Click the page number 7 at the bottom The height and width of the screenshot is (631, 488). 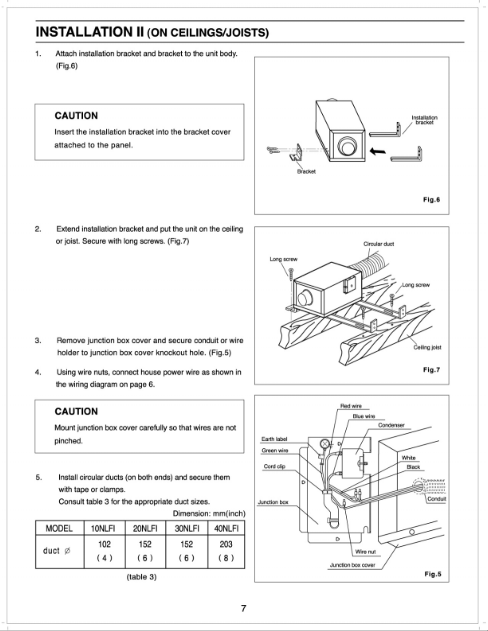click(243, 608)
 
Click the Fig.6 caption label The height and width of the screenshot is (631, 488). click(431, 199)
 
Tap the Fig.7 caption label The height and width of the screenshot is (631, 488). click(431, 370)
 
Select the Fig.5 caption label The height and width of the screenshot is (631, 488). click(433, 574)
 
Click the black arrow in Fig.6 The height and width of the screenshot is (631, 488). click(378, 151)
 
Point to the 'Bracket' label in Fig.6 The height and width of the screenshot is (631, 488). click(306, 171)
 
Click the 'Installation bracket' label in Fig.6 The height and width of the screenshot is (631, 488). click(424, 120)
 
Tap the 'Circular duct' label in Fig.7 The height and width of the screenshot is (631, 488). click(379, 244)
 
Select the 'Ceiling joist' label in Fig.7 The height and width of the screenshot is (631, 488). click(427, 347)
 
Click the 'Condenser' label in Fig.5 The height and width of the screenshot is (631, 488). click(391, 425)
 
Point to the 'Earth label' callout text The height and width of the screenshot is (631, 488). click(274, 439)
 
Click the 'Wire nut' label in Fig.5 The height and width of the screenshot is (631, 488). click(365, 552)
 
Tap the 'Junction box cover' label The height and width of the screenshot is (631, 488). click(352, 565)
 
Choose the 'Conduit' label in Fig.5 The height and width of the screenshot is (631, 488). click(437, 499)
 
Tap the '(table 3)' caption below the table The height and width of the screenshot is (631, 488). click(141, 577)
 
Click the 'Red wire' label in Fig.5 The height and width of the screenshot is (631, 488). click(351, 406)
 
